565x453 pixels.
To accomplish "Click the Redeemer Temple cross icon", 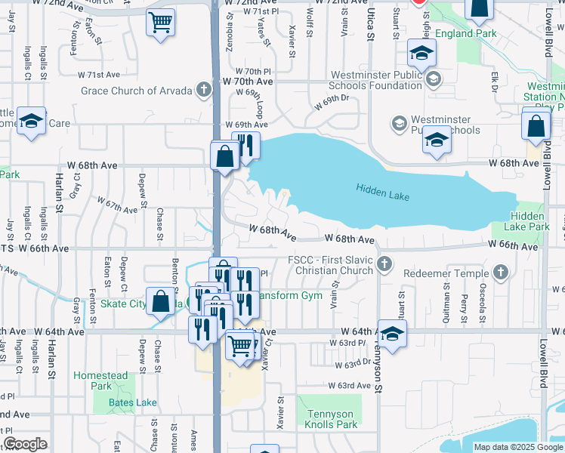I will [x=499, y=271].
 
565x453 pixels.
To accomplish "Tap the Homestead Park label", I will [x=100, y=381].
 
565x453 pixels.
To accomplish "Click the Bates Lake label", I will [x=133, y=402].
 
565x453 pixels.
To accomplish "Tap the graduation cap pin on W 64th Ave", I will [x=392, y=334].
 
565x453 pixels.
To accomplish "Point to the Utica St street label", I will [x=370, y=23].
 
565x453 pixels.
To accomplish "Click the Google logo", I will [x=25, y=444].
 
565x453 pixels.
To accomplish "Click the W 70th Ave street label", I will [x=247, y=81].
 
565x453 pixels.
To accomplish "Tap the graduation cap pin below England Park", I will [x=421, y=53].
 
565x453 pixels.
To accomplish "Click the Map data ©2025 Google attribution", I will [x=518, y=447].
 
